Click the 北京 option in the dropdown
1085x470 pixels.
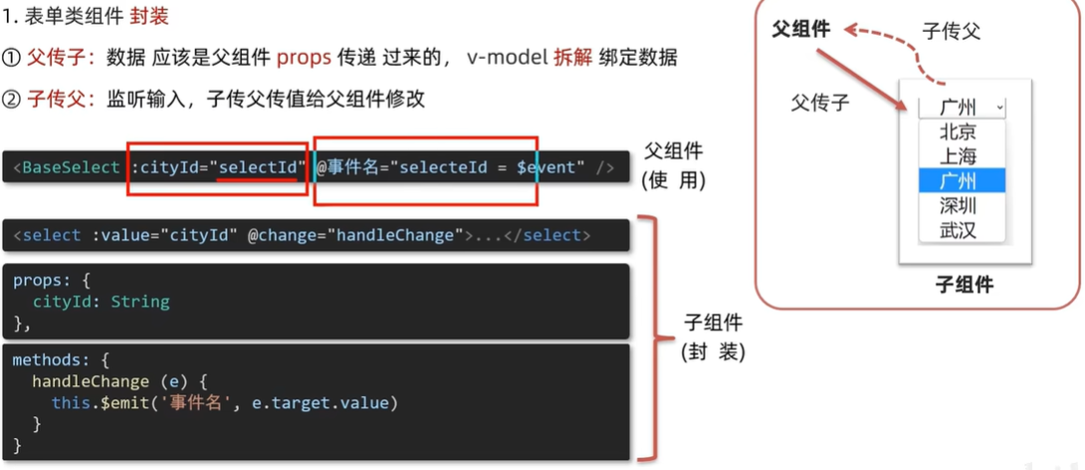tap(958, 132)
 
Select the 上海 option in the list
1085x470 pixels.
tap(958, 156)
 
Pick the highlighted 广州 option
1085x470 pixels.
tap(958, 180)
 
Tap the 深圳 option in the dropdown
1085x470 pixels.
tap(958, 205)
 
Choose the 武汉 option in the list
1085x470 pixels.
tap(958, 230)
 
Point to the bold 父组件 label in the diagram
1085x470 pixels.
tap(801, 29)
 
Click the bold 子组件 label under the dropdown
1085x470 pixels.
tap(964, 286)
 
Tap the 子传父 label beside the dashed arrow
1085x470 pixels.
tap(951, 31)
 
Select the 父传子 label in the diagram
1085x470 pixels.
tap(820, 102)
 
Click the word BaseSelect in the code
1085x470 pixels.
tap(69, 167)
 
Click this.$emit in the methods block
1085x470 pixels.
tap(96, 402)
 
